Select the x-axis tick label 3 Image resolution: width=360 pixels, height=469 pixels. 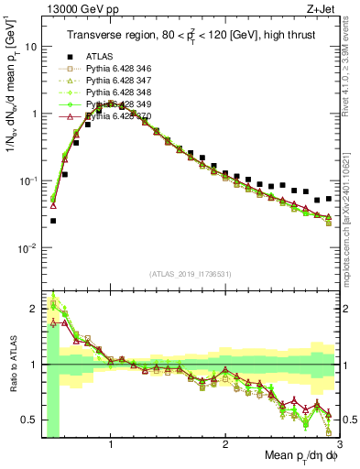pos(339,445)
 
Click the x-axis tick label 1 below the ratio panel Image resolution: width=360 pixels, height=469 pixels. pos(111,445)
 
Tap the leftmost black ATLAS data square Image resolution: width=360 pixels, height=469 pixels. pos(53,221)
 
